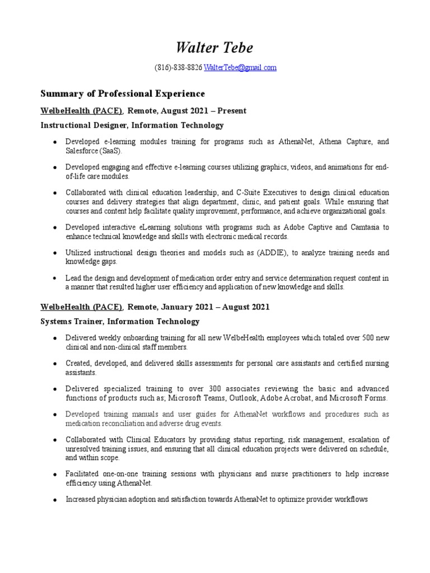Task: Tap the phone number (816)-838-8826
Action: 178,68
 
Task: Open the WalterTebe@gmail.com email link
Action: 240,68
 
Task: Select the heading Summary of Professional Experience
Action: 123,93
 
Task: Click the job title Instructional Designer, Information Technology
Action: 132,125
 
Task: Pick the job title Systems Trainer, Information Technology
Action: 120,321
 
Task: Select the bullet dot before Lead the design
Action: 54,279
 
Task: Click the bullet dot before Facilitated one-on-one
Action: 54,475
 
